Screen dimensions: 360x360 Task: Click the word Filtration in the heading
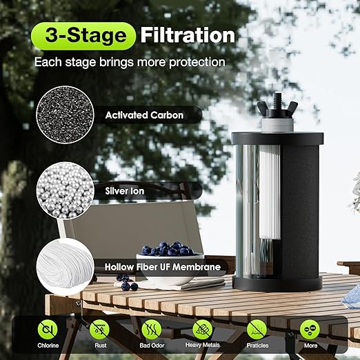coord(188,35)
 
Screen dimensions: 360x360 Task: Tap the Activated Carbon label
coord(144,115)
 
